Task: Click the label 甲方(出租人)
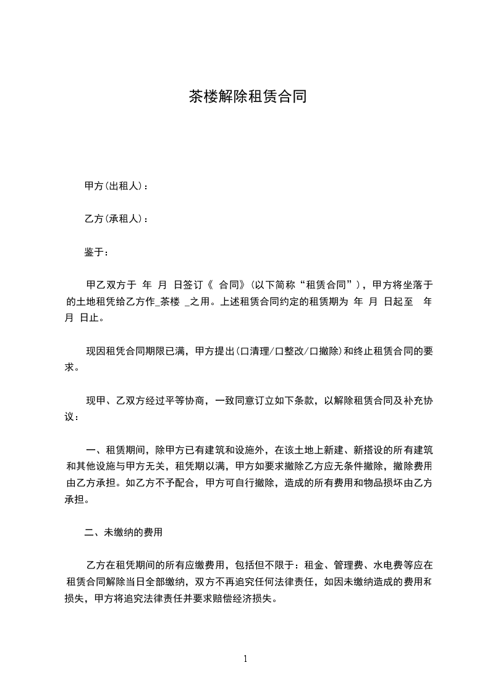click(x=115, y=186)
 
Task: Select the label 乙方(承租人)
click(x=115, y=219)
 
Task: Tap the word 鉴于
click(x=95, y=252)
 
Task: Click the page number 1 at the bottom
click(x=245, y=659)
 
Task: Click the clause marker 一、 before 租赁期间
click(x=95, y=449)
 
